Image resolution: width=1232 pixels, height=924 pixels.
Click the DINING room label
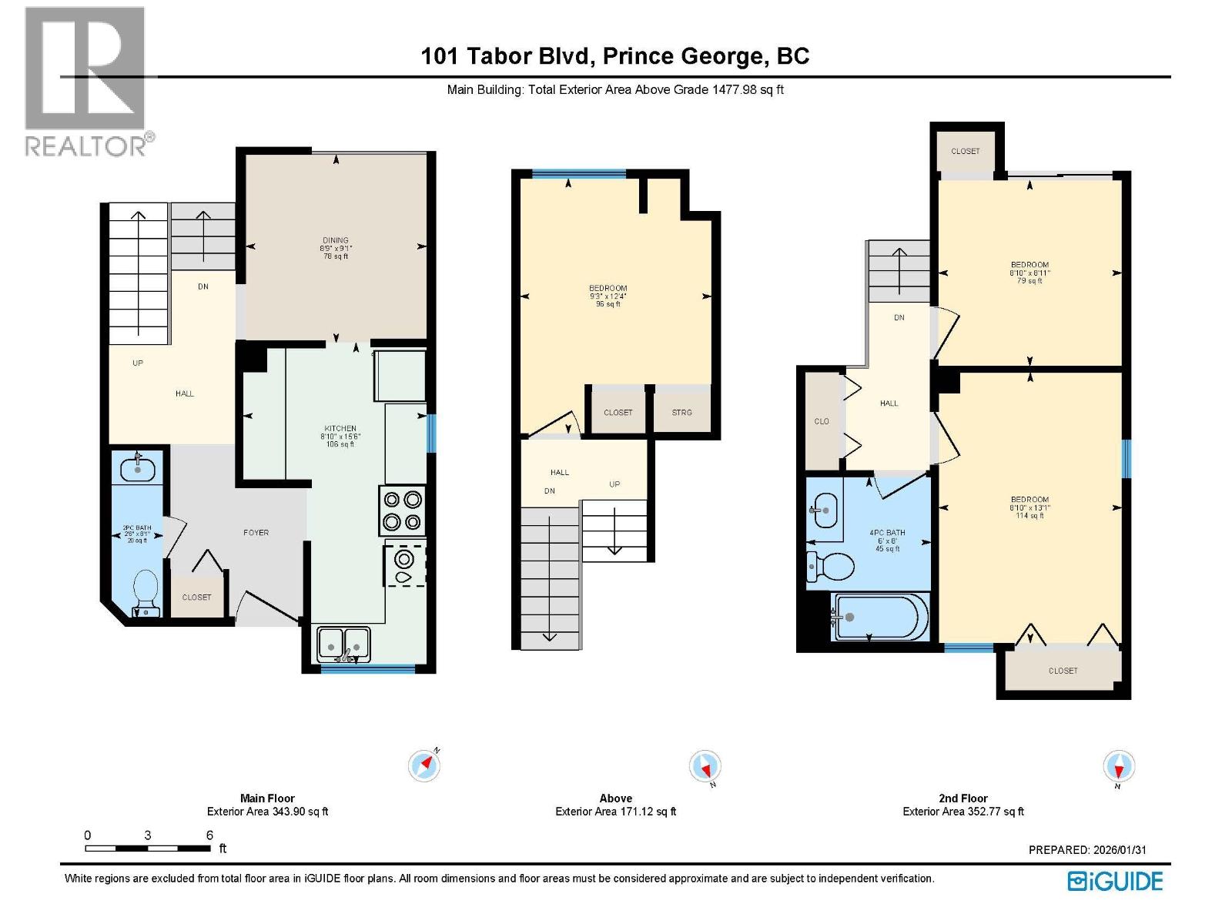tap(335, 240)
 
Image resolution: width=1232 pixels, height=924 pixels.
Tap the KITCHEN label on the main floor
tap(340, 428)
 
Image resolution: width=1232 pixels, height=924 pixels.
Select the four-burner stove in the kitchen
tap(402, 511)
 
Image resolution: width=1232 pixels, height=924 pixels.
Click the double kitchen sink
tap(343, 643)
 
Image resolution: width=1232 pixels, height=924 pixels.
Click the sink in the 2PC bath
tap(139, 468)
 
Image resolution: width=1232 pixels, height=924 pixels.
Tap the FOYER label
tap(256, 532)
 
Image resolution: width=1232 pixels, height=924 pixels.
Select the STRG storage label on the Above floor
tap(681, 413)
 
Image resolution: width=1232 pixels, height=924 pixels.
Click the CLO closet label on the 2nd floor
tap(822, 421)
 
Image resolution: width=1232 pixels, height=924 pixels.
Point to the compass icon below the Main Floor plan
tap(424, 765)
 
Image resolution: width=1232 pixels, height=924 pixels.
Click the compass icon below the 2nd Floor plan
tap(1119, 767)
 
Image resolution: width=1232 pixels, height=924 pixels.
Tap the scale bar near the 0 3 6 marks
tap(148, 848)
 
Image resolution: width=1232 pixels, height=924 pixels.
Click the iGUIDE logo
tap(1115, 881)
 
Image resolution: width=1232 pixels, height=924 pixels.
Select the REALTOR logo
tap(86, 81)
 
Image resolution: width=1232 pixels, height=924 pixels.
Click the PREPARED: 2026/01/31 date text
tap(1087, 850)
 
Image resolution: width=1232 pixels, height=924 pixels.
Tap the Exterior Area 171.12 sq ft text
tap(615, 812)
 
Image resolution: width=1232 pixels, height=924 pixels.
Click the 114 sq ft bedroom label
tap(1029, 516)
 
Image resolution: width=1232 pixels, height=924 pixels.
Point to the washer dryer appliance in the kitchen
tap(405, 566)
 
